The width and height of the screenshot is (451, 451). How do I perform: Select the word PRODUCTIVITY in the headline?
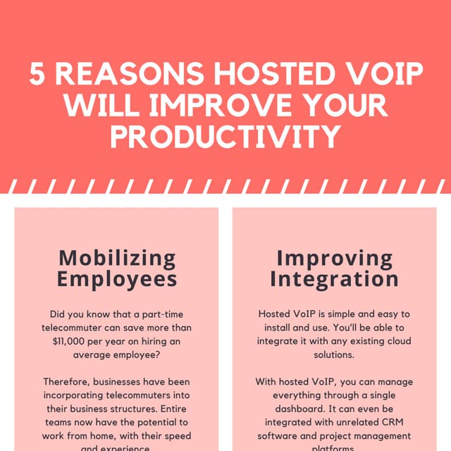(x=225, y=136)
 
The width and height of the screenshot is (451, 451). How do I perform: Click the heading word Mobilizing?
(x=117, y=258)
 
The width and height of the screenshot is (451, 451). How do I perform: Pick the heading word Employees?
(x=117, y=280)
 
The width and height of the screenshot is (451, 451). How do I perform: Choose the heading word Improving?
(x=334, y=258)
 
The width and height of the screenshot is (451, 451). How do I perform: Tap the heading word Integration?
(x=334, y=280)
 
